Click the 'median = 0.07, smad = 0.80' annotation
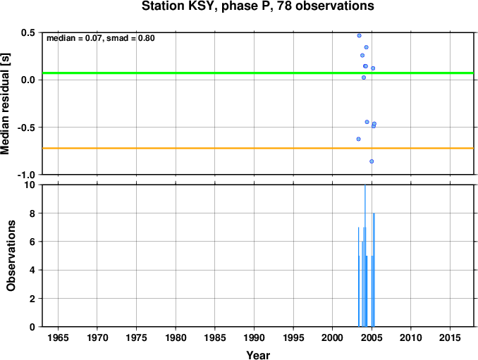pyautogui.click(x=101, y=38)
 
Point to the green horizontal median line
pyautogui.click(x=258, y=73)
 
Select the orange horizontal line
pyautogui.click(x=258, y=149)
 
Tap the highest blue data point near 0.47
pyautogui.click(x=359, y=36)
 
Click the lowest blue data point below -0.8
pyautogui.click(x=372, y=161)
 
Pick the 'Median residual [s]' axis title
pyautogui.click(x=6, y=104)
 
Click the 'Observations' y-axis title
pyautogui.click(x=11, y=256)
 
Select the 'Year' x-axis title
pyautogui.click(x=258, y=355)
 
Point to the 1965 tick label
pyautogui.click(x=58, y=337)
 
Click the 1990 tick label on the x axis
pyautogui.click(x=254, y=337)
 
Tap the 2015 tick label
pyautogui.click(x=450, y=337)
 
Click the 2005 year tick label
pyautogui.click(x=372, y=337)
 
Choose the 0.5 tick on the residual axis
pyautogui.click(x=28, y=32)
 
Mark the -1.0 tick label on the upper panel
pyautogui.click(x=26, y=175)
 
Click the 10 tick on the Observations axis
pyautogui.click(x=30, y=185)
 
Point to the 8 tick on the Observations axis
pyautogui.click(x=32, y=213)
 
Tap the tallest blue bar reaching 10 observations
pyautogui.click(x=365, y=256)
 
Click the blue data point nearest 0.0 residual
pyautogui.click(x=364, y=77)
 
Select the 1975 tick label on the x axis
pyautogui.click(x=136, y=337)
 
